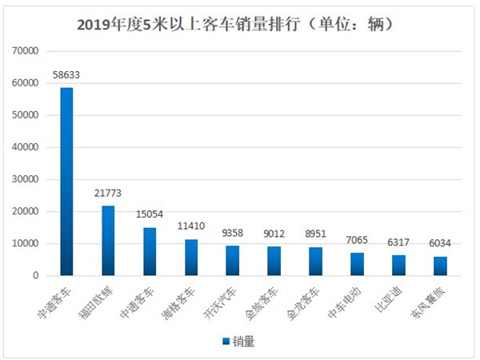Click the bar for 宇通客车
pos(66,182)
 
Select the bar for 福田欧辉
pos(108,240)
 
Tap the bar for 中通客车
pos(150,251)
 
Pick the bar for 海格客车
pos(191,257)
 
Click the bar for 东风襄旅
pos(440,266)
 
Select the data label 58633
pos(66,75)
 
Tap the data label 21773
pos(108,194)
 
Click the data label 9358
pos(233,234)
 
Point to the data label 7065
pos(357,241)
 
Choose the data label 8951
pos(315,234)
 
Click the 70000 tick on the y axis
pos(26,51)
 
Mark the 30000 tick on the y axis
pos(26,179)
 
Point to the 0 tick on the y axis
pos(37,275)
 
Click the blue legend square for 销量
pos(226,342)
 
